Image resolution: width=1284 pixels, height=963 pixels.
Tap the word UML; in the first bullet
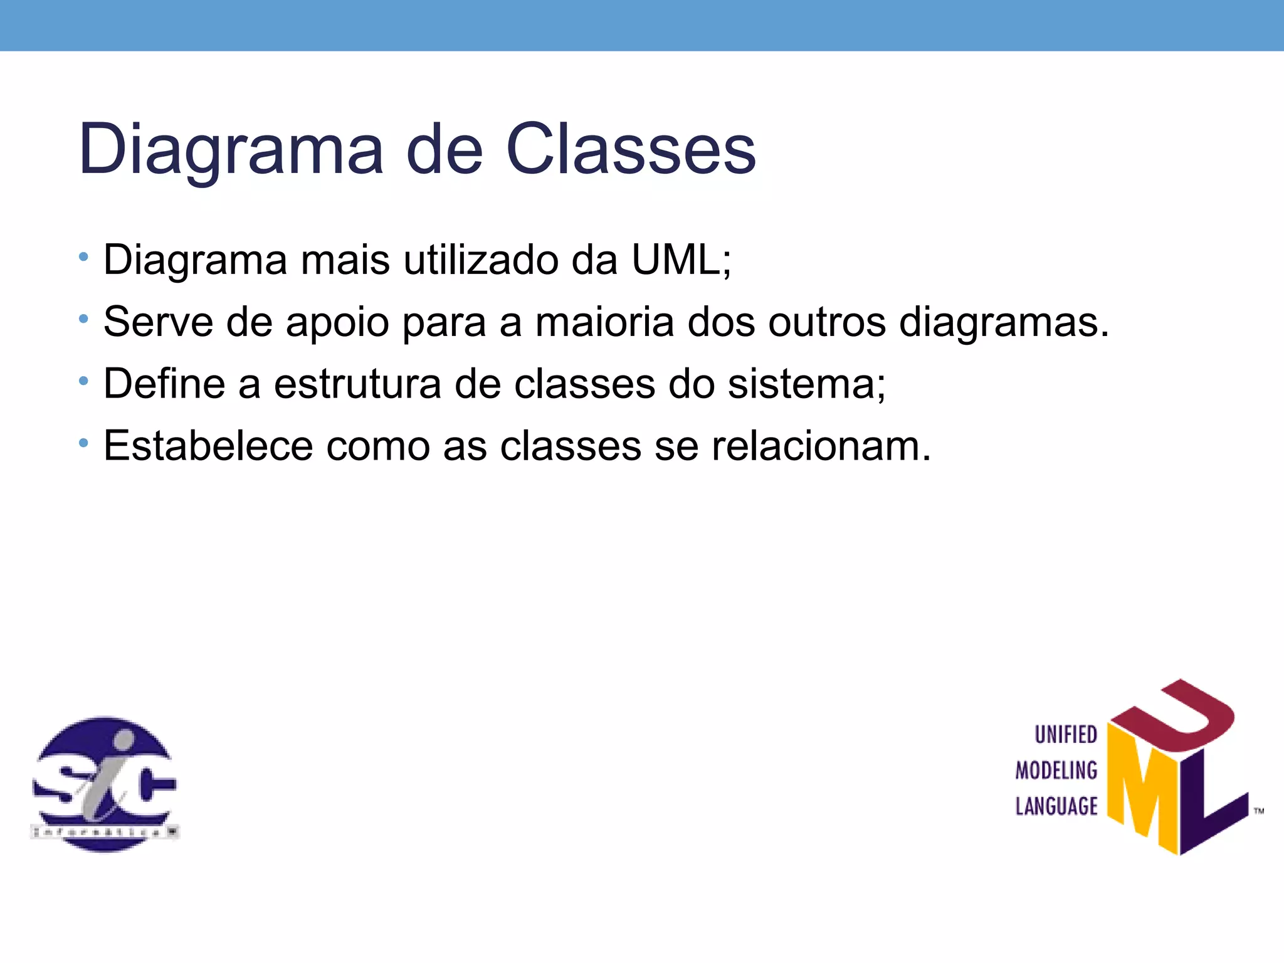click(x=681, y=259)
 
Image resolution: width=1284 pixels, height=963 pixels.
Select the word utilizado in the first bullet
click(x=481, y=259)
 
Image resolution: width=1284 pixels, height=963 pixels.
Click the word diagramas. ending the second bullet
click(x=1004, y=322)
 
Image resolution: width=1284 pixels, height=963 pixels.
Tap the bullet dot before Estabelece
click(x=83, y=443)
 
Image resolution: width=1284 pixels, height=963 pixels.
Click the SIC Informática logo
click(x=105, y=784)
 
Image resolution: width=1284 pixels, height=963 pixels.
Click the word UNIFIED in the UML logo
click(x=1065, y=735)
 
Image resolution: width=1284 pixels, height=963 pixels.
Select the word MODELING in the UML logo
click(x=1056, y=771)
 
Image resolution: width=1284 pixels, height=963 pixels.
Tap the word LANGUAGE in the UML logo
click(x=1056, y=806)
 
